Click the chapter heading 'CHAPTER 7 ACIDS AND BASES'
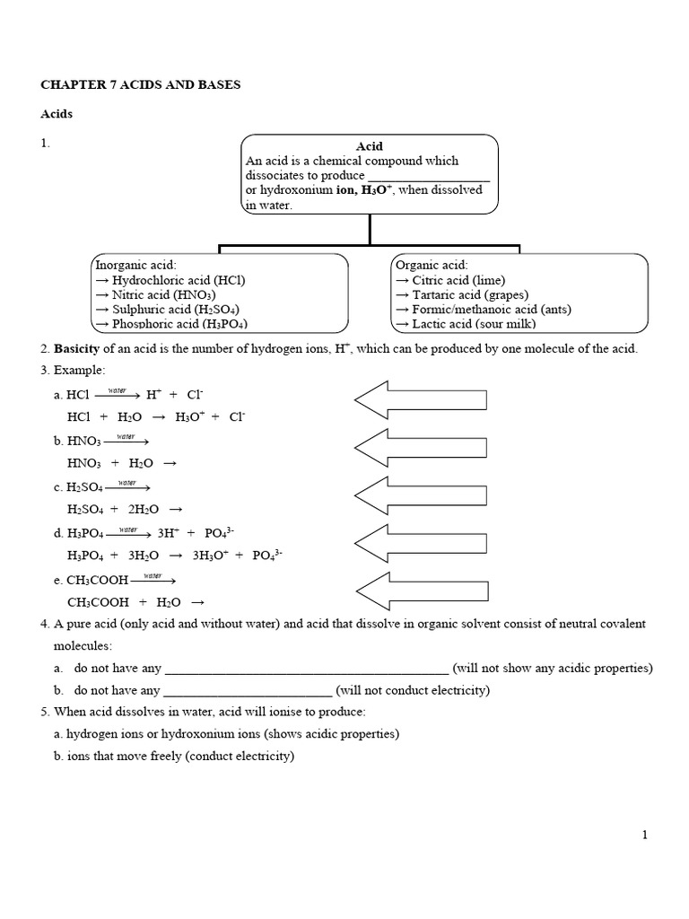click(141, 85)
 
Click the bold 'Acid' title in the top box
click(370, 146)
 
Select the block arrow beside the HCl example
click(421, 400)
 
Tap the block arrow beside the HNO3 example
click(421, 446)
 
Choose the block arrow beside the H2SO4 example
click(421, 494)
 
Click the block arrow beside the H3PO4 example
click(421, 542)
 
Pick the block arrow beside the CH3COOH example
click(421, 590)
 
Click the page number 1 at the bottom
click(644, 835)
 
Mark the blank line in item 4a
click(307, 670)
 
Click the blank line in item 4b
click(249, 691)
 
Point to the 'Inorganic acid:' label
click(136, 265)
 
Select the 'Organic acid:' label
click(432, 265)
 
